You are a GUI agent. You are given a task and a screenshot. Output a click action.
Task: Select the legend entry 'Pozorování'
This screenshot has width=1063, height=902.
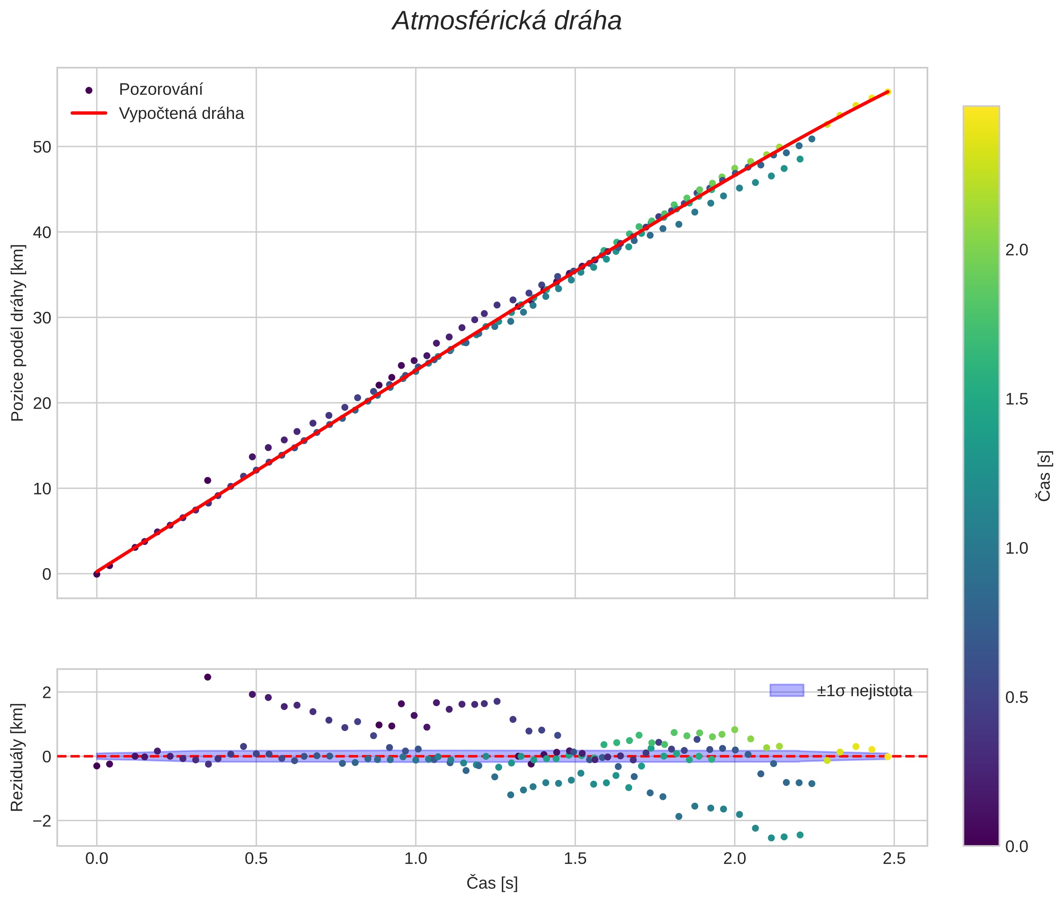click(x=160, y=90)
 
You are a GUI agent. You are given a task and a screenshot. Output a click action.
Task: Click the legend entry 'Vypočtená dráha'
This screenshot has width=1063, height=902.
click(x=181, y=114)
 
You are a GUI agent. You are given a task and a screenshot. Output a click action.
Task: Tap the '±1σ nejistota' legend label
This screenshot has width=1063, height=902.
click(x=864, y=691)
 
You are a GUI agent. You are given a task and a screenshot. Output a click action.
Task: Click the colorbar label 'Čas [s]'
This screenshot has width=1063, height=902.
click(x=1045, y=476)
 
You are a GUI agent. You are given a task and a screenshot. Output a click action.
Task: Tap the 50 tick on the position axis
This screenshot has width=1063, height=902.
click(x=43, y=147)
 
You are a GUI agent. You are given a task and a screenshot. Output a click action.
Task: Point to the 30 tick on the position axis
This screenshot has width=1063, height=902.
click(x=43, y=318)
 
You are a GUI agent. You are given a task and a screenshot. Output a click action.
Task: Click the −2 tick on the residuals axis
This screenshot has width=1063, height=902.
click(x=40, y=821)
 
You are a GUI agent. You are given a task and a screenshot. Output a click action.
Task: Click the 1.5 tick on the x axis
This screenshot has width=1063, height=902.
click(x=575, y=858)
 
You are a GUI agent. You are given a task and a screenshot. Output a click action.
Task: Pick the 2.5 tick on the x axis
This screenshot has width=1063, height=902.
click(x=894, y=858)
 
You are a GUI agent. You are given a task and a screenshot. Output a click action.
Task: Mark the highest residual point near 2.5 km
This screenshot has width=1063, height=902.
click(x=208, y=677)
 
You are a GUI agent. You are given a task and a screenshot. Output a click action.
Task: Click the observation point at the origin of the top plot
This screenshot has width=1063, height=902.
click(x=96, y=574)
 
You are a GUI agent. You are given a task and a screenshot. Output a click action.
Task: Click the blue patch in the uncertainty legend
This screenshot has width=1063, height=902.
click(x=787, y=690)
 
